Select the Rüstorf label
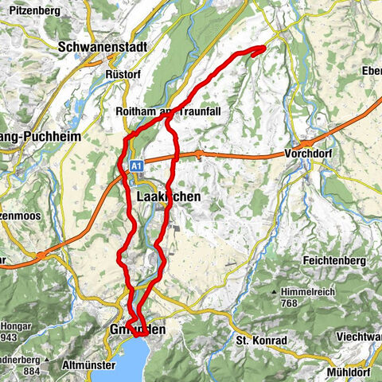[x=123, y=73]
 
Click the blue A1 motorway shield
[x=136, y=165]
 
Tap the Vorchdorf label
[x=315, y=154]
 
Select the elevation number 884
[x=33, y=348]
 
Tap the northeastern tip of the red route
[x=263, y=49]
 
